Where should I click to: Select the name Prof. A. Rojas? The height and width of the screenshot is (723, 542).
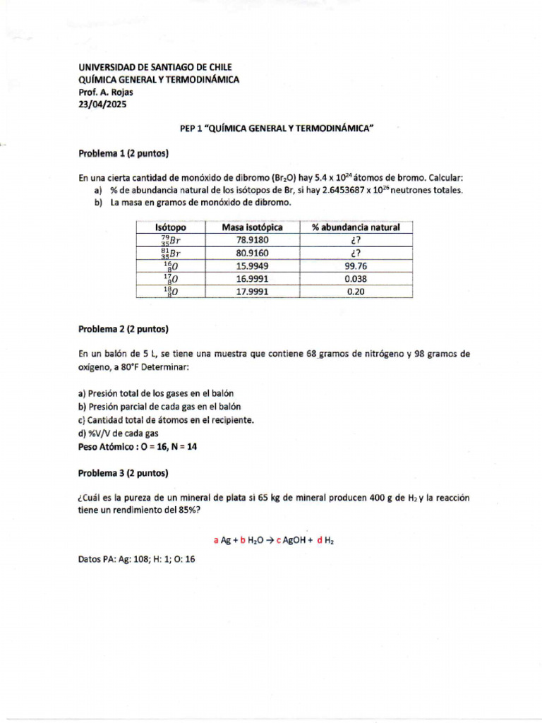coord(105,92)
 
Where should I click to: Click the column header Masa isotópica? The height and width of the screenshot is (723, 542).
coord(252,227)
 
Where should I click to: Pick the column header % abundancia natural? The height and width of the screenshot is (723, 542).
coord(356,227)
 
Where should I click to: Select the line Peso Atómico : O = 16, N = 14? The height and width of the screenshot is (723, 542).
coord(138,447)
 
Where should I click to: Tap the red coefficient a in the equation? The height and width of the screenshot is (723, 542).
coord(216,540)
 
